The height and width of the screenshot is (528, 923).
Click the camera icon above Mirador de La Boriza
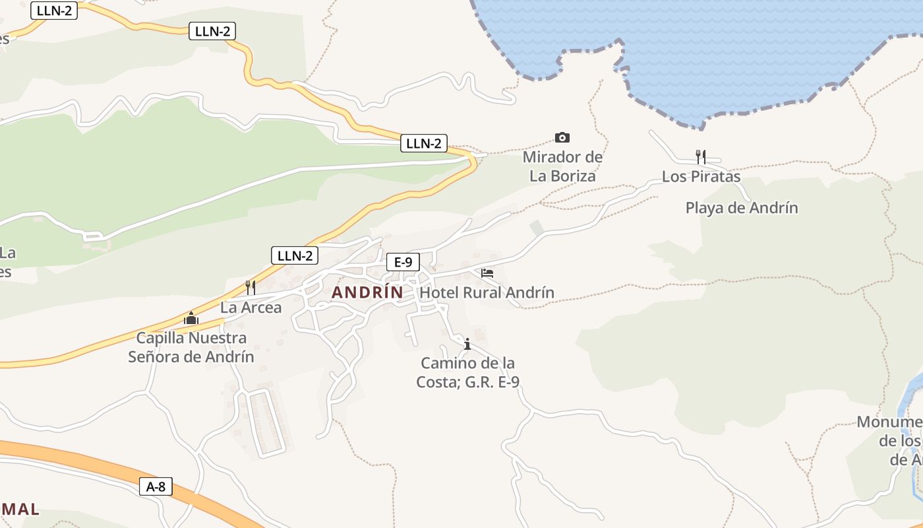point(562,137)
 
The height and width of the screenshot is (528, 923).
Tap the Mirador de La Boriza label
point(562,166)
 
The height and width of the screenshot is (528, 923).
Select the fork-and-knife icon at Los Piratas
point(701,156)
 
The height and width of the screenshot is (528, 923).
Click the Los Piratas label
point(701,177)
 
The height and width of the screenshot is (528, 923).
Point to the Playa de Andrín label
point(742,208)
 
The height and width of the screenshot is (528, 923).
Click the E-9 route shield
point(403,262)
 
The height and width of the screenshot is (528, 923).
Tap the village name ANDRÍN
point(367,292)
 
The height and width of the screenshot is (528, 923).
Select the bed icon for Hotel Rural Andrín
point(487,273)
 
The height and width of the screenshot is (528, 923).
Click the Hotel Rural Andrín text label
point(487,292)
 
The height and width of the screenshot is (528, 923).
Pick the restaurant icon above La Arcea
point(251,287)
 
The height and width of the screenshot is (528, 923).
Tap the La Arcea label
point(251,308)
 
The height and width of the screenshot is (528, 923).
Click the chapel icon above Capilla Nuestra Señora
point(191,318)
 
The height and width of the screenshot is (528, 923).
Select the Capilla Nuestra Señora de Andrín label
point(191,347)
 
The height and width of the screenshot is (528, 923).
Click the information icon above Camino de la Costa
point(467,344)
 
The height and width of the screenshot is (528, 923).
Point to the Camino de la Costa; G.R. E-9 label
point(468,372)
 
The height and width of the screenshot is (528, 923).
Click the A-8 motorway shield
point(156,487)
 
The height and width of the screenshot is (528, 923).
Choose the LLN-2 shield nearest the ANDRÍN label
point(295,255)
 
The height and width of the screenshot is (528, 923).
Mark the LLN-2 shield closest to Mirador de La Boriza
point(423,143)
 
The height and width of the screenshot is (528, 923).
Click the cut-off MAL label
point(20,510)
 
